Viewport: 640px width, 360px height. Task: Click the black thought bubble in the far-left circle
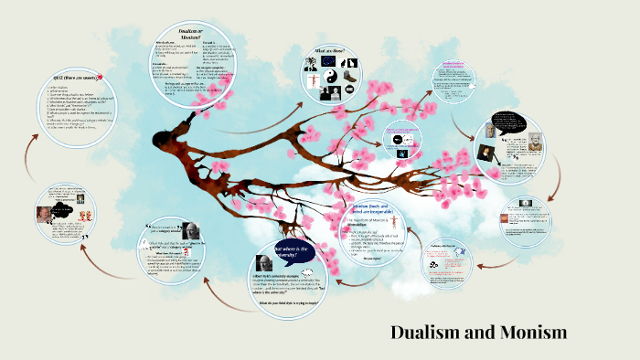(x=66, y=202)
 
